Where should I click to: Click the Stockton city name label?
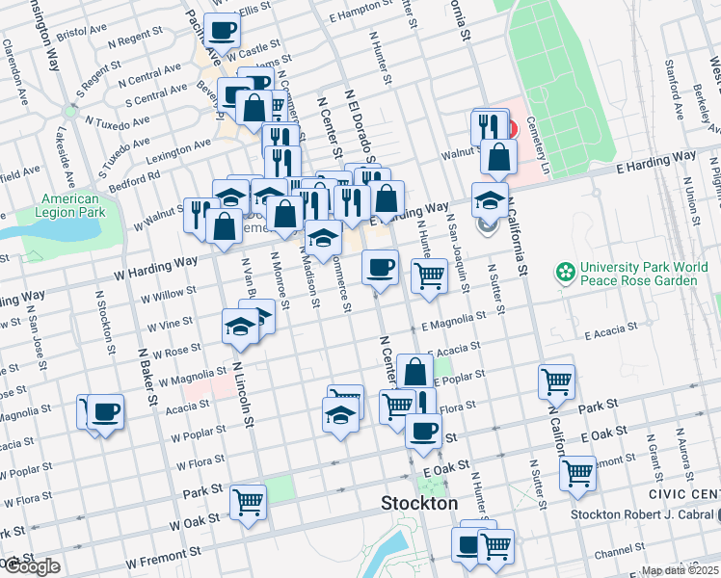419,503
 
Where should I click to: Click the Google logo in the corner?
31,567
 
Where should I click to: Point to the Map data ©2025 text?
681,570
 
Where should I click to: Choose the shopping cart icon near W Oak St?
248,502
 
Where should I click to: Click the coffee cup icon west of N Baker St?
105,412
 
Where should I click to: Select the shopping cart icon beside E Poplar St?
556,381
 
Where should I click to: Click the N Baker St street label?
147,377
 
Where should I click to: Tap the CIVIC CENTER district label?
685,495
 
